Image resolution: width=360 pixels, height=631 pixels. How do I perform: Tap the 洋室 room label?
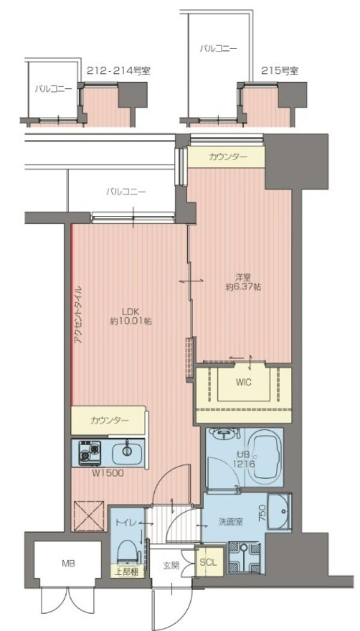pyautogui.click(x=243, y=277)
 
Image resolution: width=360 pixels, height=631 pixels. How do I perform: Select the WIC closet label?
pyautogui.click(x=244, y=382)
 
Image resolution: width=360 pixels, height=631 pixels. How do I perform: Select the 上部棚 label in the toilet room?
pyautogui.click(x=127, y=572)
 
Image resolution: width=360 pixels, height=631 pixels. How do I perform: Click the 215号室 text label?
pyautogui.click(x=280, y=71)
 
